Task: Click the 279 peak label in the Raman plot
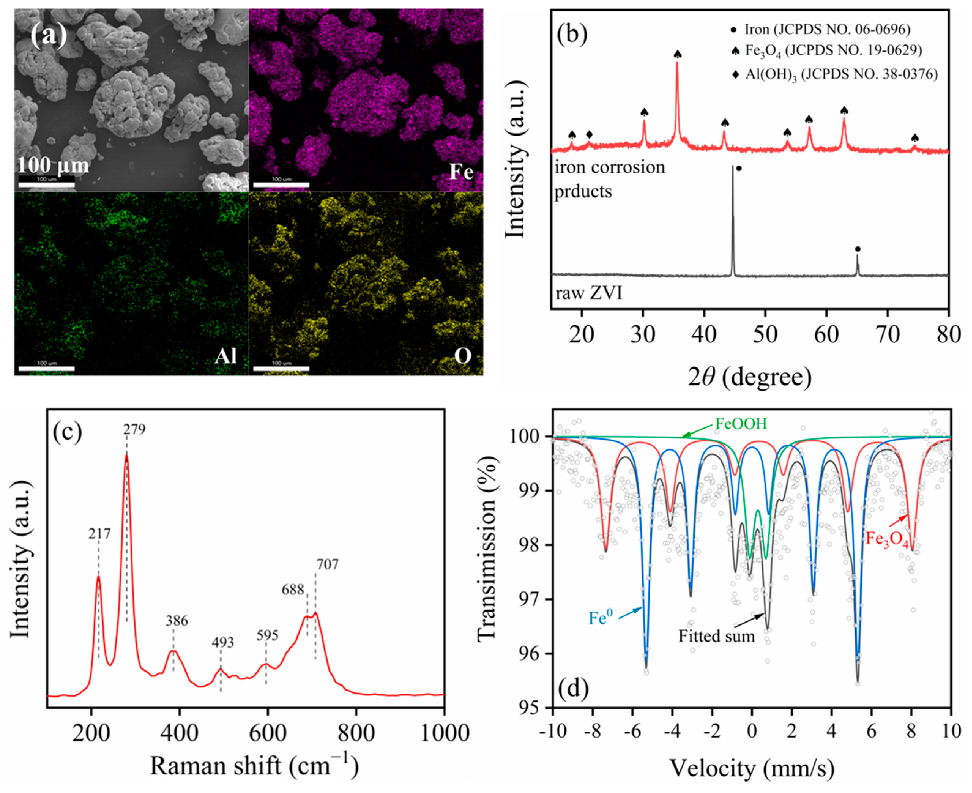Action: coord(134,430)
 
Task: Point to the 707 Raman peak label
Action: coord(327,564)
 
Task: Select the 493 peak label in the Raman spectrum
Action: coord(222,643)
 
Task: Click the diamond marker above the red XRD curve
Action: coord(589,134)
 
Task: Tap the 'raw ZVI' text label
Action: coord(589,292)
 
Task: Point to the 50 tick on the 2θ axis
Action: coord(765,334)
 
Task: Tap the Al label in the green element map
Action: coord(226,356)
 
